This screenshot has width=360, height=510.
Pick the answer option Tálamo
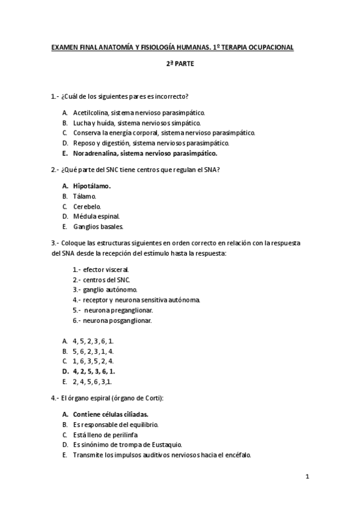tap(84, 196)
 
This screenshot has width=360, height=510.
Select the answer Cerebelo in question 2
tap(87, 206)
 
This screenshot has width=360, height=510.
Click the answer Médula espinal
tap(96, 217)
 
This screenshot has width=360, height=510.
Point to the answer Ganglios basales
tap(98, 227)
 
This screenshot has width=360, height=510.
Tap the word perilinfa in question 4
tap(124, 435)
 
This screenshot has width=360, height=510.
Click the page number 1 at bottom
tap(307, 478)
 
